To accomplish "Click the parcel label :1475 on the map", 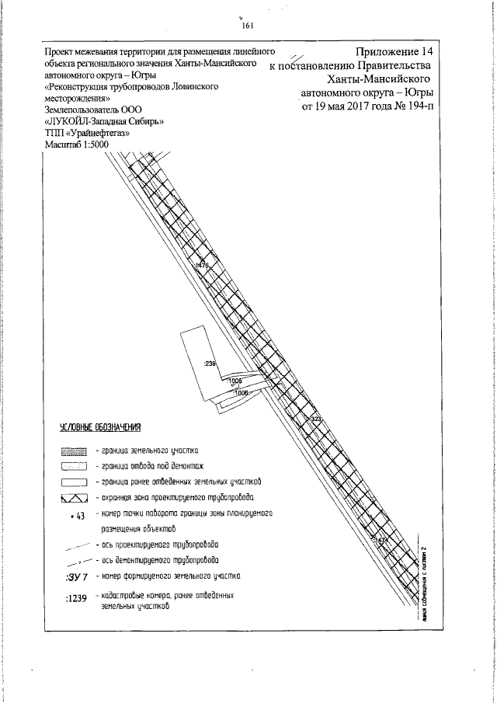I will [203, 266].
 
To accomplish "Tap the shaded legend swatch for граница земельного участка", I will [75, 451].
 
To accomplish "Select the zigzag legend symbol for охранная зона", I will [75, 497].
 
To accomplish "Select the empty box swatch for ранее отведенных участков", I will [75, 482].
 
